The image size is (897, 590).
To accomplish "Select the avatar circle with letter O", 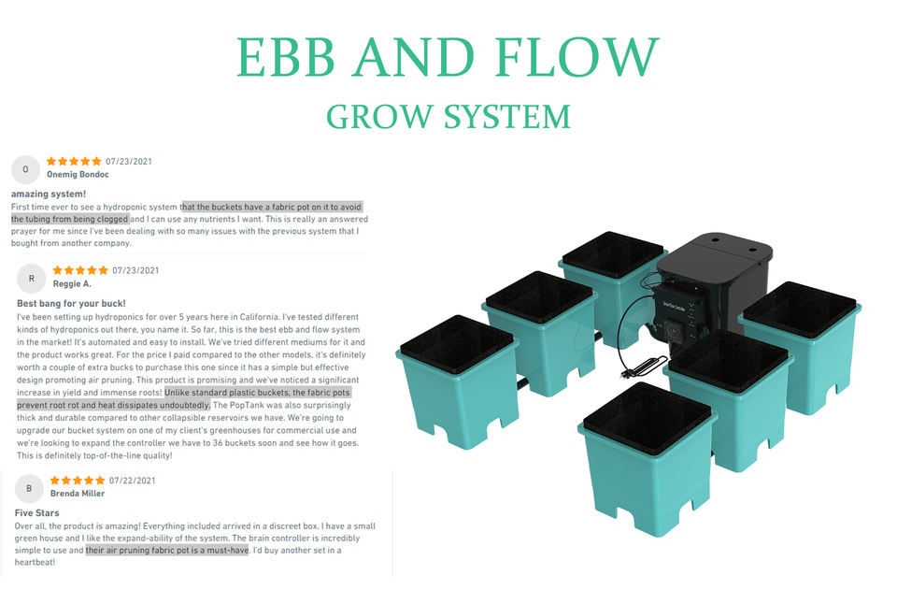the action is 25,169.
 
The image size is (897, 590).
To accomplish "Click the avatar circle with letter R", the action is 32,278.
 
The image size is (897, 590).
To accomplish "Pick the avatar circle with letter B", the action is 29,488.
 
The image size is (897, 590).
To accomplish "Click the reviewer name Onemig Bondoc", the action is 78,175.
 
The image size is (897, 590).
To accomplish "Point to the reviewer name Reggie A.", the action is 72,283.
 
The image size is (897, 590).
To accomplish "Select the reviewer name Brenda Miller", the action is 78,494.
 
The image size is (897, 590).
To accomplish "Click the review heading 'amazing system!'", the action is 49,194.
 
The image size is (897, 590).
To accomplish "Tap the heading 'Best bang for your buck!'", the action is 71,304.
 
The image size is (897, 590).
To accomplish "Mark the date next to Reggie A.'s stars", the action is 135,270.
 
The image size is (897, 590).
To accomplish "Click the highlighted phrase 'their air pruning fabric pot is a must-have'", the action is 166,551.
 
